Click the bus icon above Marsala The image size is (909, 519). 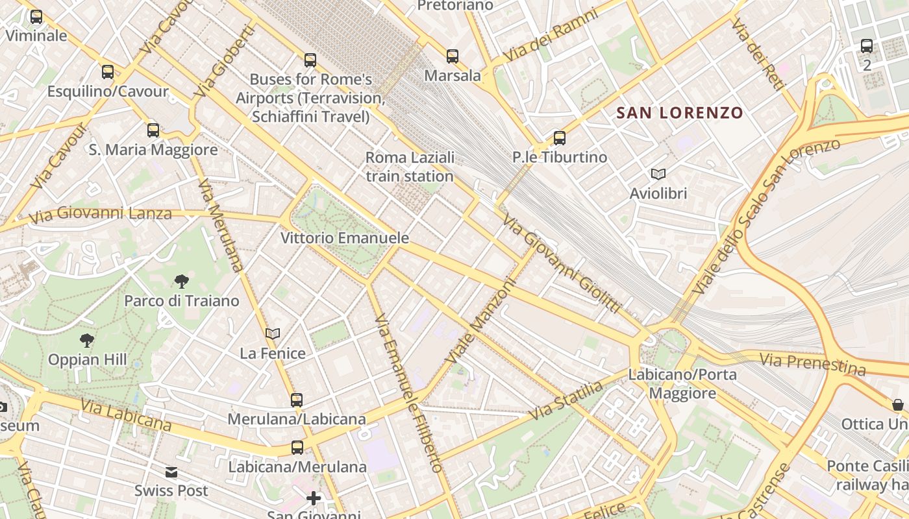(x=453, y=56)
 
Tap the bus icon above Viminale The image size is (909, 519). (x=36, y=17)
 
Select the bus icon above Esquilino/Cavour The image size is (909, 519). (x=108, y=72)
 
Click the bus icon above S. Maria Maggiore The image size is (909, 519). (x=153, y=130)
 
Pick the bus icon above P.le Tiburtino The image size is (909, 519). (x=560, y=138)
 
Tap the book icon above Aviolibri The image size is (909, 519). (x=658, y=174)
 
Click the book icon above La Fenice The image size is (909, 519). (x=273, y=334)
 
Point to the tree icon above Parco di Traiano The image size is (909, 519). (x=182, y=282)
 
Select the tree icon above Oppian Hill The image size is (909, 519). (x=87, y=341)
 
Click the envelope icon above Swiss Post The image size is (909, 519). (x=171, y=472)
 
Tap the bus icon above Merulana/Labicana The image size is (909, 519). (x=297, y=400)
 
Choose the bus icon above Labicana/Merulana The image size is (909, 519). (x=297, y=448)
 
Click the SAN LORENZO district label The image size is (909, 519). (x=679, y=113)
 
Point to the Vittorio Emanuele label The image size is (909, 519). (x=345, y=238)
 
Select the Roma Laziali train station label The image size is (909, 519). (x=410, y=167)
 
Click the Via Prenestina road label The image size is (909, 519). (x=812, y=364)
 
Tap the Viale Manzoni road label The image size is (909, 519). (x=480, y=321)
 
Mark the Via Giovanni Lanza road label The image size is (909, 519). (x=100, y=213)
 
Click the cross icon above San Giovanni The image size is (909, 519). (x=314, y=498)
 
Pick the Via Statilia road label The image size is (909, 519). (x=566, y=401)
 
